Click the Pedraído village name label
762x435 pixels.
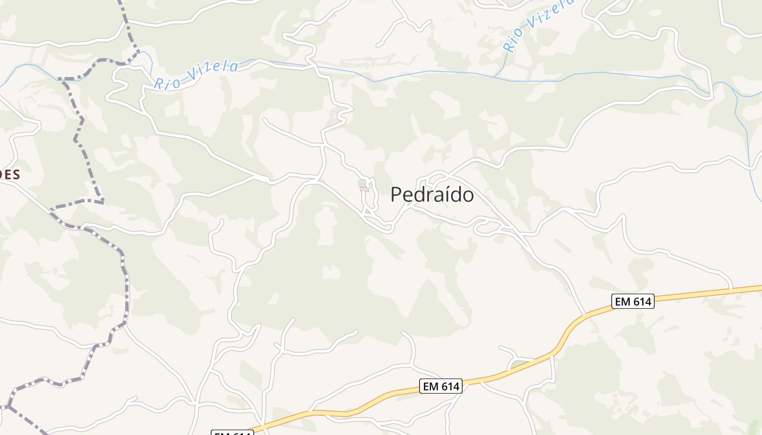coord(432,195)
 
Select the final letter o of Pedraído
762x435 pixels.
coord(468,196)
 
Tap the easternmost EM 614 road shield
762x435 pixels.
coord(632,301)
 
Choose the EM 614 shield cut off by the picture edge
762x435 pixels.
coord(233,433)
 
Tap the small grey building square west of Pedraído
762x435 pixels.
coord(362,184)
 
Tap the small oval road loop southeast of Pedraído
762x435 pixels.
coord(486,227)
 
